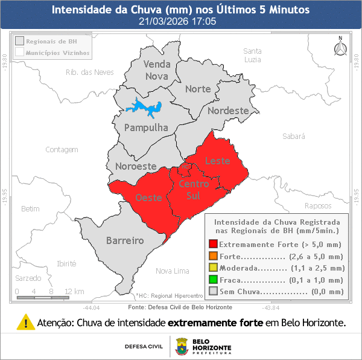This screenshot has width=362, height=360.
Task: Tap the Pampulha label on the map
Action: tap(145, 127)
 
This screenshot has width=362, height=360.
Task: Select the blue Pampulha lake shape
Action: tap(145, 108)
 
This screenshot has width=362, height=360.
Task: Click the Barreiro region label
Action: tap(125, 240)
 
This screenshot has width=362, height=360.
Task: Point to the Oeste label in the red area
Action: tap(148, 198)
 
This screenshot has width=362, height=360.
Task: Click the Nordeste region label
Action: tap(227, 111)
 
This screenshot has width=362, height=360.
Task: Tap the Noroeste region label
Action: tap(136, 166)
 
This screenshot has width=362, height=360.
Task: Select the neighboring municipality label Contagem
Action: tap(62, 149)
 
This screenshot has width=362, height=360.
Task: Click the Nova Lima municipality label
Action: tap(173, 270)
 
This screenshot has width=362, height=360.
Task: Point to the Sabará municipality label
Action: tap(294, 137)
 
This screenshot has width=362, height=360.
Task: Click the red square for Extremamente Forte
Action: tap(212, 245)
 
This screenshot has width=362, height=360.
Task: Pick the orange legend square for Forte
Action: tap(212, 256)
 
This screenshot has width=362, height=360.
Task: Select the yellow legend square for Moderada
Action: tap(212, 268)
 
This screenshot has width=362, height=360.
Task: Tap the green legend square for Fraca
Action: tap(212, 279)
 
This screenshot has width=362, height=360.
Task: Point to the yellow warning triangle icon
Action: tap(26, 322)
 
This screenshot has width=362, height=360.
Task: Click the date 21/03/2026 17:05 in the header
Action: tap(180, 21)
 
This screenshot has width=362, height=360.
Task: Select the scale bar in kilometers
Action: tap(42, 297)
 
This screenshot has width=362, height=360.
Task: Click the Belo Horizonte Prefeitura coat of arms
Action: tap(181, 347)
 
